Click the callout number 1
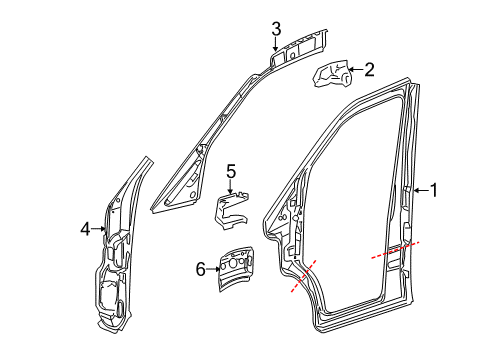[433, 189]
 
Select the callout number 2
[369, 69]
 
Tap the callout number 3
[276, 28]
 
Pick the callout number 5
[230, 172]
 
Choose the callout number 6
[199, 268]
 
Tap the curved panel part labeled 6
[236, 268]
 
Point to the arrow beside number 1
[418, 189]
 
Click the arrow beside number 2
[354, 70]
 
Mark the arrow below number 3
[276, 44]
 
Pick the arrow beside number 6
[213, 268]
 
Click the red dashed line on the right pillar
[392, 249]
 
